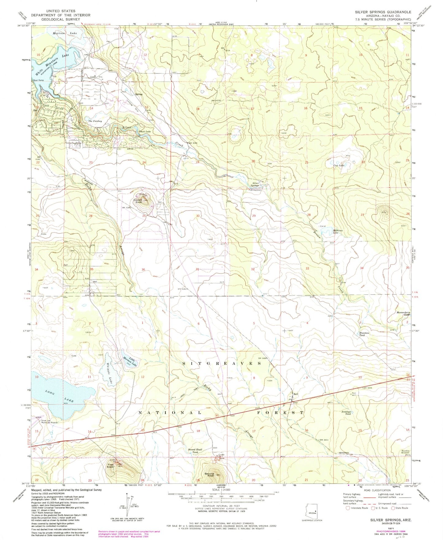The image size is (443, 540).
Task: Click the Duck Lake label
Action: coord(145,132)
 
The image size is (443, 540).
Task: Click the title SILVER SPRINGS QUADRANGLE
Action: coord(383,12)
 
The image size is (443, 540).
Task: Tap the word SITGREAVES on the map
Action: coord(222,363)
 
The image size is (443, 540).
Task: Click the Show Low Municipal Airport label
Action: coord(49,421)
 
